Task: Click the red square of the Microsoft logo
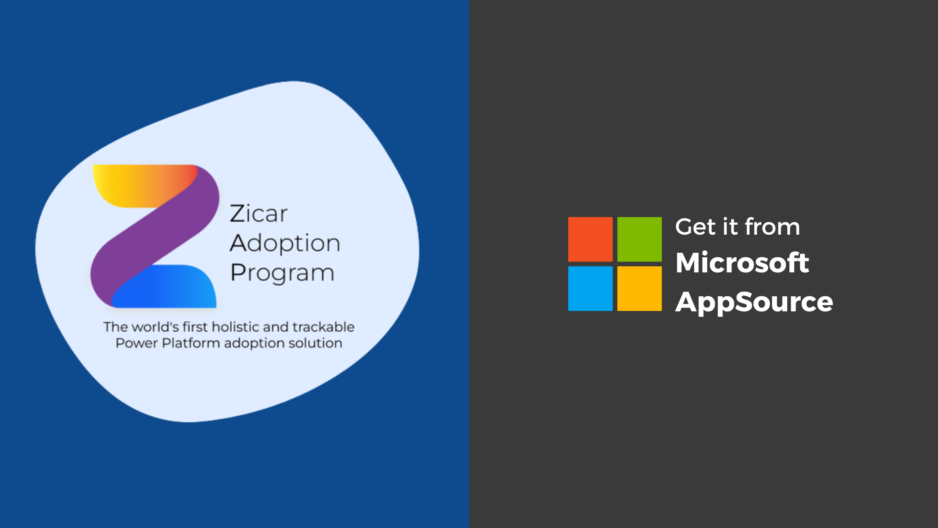pos(590,239)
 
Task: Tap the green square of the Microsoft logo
pos(639,239)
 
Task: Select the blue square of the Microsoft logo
pos(590,288)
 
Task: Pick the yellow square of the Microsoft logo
pos(639,288)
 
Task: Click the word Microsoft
pos(742,263)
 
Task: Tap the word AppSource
pos(754,302)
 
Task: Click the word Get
pos(696,227)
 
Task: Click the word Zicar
pos(259,213)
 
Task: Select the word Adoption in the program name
pos(285,243)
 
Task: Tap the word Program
pos(282,273)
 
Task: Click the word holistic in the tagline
pos(236,327)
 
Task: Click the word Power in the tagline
pos(137,343)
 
